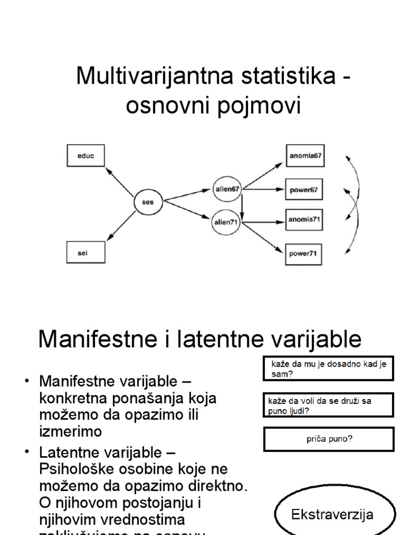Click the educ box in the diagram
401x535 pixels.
click(86, 155)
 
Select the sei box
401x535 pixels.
click(86, 252)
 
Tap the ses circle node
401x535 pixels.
click(148, 202)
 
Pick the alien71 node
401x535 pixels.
click(227, 222)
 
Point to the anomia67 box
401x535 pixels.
click(305, 155)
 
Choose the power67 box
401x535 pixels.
click(305, 190)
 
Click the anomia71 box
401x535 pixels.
click(305, 220)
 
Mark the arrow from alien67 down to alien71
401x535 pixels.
click(242, 205)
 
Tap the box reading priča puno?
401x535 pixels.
click(329, 439)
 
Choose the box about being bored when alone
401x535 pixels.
click(328, 369)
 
